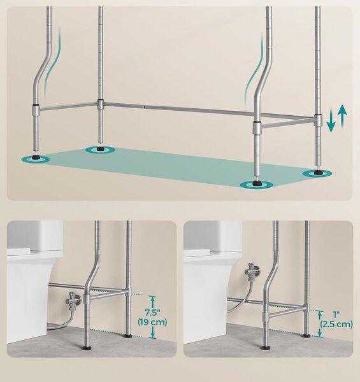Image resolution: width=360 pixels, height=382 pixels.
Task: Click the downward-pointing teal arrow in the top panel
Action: pyautogui.click(x=331, y=120)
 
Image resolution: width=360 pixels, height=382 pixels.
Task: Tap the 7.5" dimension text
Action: pyautogui.click(x=152, y=313)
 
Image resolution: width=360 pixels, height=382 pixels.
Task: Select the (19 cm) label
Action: pyautogui.click(x=152, y=322)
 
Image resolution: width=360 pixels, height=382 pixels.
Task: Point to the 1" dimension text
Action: pyautogui.click(x=336, y=315)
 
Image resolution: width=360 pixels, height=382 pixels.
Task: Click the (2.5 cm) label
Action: pyautogui.click(x=336, y=324)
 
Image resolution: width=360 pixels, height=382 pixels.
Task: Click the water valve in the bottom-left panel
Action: pyautogui.click(x=73, y=301)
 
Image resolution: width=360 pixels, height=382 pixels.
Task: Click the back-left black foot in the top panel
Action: pyautogui.click(x=100, y=148)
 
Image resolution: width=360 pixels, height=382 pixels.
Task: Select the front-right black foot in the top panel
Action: pyautogui.click(x=256, y=183)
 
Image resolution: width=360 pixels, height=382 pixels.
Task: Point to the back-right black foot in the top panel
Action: pyautogui.click(x=317, y=173)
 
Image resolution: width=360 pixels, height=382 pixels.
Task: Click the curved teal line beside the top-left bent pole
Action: pyautogui.click(x=52, y=64)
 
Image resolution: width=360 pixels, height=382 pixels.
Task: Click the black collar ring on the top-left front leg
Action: pyautogui.click(x=36, y=104)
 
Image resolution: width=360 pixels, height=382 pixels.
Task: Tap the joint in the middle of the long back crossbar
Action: pyautogui.click(x=145, y=106)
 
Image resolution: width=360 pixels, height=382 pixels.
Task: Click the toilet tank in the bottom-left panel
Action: pyautogui.click(x=35, y=236)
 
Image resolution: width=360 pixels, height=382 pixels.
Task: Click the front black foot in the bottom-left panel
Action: pyautogui.click(x=87, y=348)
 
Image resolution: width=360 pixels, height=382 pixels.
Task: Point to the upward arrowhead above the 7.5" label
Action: pyautogui.click(x=152, y=299)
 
